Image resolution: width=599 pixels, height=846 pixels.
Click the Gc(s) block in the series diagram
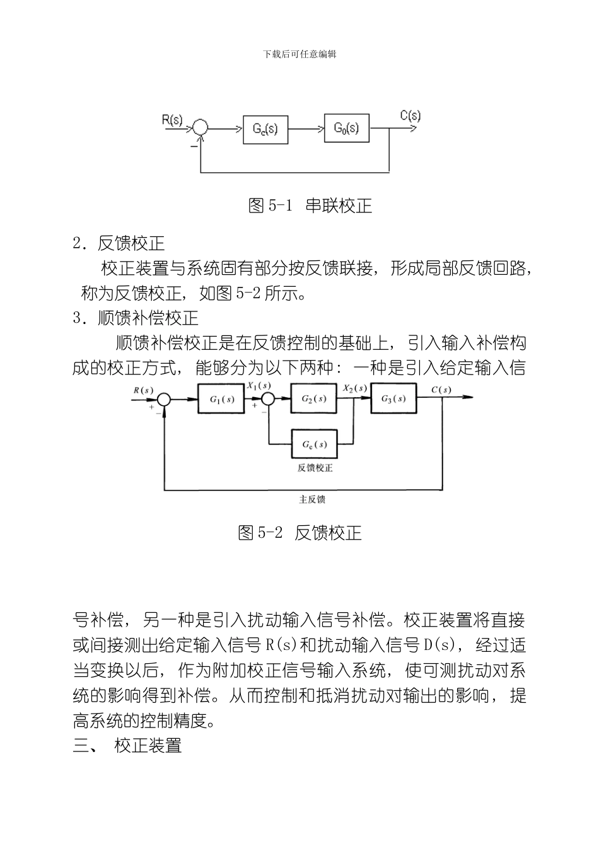pos(265,129)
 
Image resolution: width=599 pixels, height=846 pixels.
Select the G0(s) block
pos(346,129)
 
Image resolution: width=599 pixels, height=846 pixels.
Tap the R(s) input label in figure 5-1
pos(172,119)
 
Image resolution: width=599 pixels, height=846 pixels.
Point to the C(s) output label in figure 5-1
pos(410,115)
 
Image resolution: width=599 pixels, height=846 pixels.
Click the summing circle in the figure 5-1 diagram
pos(200,128)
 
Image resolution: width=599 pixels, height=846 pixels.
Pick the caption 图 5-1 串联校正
pos(310,206)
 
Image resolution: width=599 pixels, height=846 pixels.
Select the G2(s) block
pos(313,399)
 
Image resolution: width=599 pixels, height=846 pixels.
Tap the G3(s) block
pos(393,399)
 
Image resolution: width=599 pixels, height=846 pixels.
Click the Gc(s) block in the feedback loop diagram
pos(313,444)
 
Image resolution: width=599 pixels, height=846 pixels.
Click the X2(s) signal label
pos(355,388)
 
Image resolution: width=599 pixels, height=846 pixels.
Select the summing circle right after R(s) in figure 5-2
pos(164,399)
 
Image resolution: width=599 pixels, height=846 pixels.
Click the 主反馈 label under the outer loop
pos(311,499)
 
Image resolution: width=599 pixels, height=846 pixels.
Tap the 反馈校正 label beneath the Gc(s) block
pos(315,468)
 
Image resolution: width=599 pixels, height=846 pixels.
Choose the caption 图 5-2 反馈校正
pos(299,533)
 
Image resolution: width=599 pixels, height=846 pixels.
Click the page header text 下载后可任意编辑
pos(299,54)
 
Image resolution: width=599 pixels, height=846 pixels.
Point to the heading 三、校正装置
pos(127,746)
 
